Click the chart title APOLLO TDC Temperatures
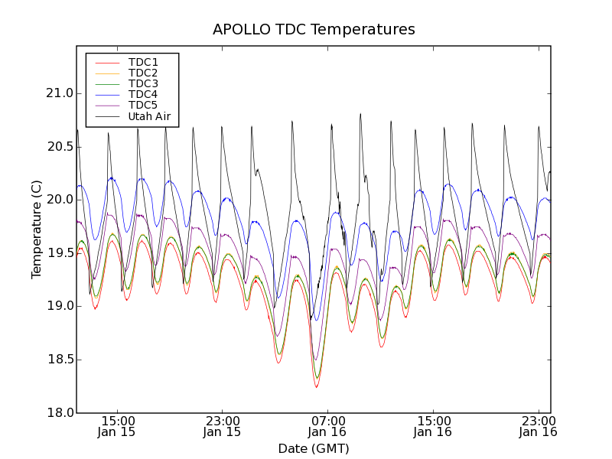coord(314,30)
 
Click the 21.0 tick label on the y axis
coord(60,93)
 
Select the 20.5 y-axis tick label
coord(60,146)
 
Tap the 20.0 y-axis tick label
coord(60,200)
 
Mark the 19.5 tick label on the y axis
coord(60,253)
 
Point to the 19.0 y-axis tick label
coord(60,306)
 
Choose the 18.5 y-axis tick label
coord(60,360)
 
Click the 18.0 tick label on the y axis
coord(60,413)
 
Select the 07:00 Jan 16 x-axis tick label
coord(327,426)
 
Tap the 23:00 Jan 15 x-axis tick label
coord(222,426)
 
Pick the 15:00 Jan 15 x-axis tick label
coord(117,426)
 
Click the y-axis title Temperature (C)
coord(37,229)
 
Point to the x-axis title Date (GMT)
coord(314,448)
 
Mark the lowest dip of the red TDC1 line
coord(316,387)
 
